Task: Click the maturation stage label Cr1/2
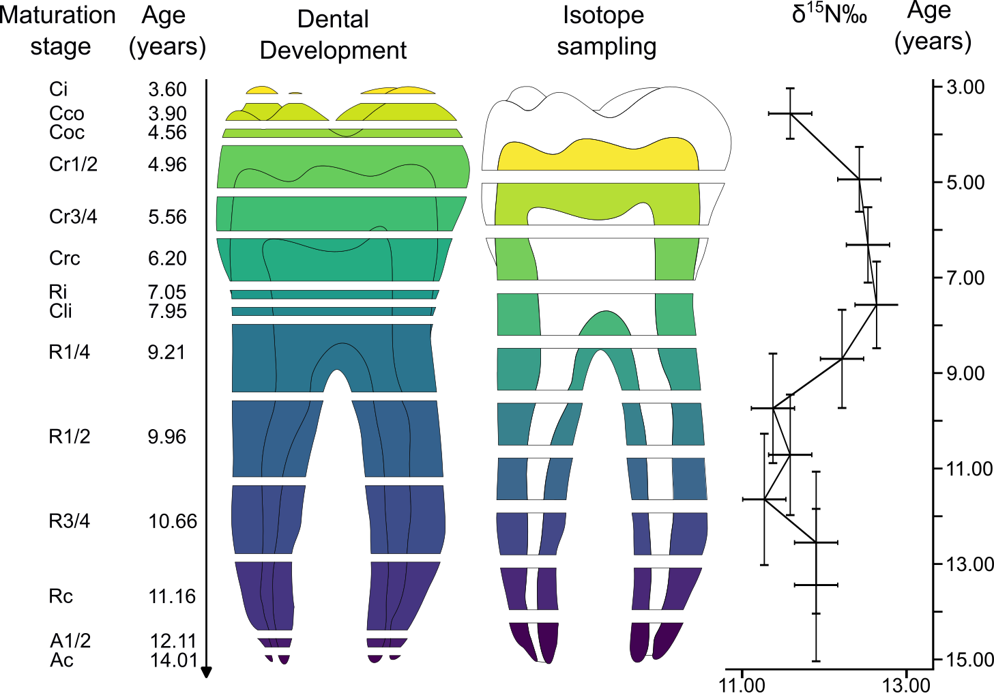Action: point(73,164)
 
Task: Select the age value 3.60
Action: point(167,89)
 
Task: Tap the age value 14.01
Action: point(173,660)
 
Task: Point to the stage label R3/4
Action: point(69,521)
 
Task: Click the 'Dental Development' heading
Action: point(333,35)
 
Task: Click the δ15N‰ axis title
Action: point(829,14)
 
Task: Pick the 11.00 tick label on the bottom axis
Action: point(742,685)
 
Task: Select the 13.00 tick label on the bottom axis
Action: point(907,685)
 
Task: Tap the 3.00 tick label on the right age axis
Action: point(965,87)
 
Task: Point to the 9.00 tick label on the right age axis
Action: point(965,374)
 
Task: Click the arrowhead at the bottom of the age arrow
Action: point(207,673)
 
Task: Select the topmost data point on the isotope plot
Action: point(790,113)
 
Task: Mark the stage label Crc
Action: point(65,259)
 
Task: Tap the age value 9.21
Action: point(166,352)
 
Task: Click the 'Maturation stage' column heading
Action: point(57,31)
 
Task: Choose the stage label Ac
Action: point(61,660)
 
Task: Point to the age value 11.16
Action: point(172,596)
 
